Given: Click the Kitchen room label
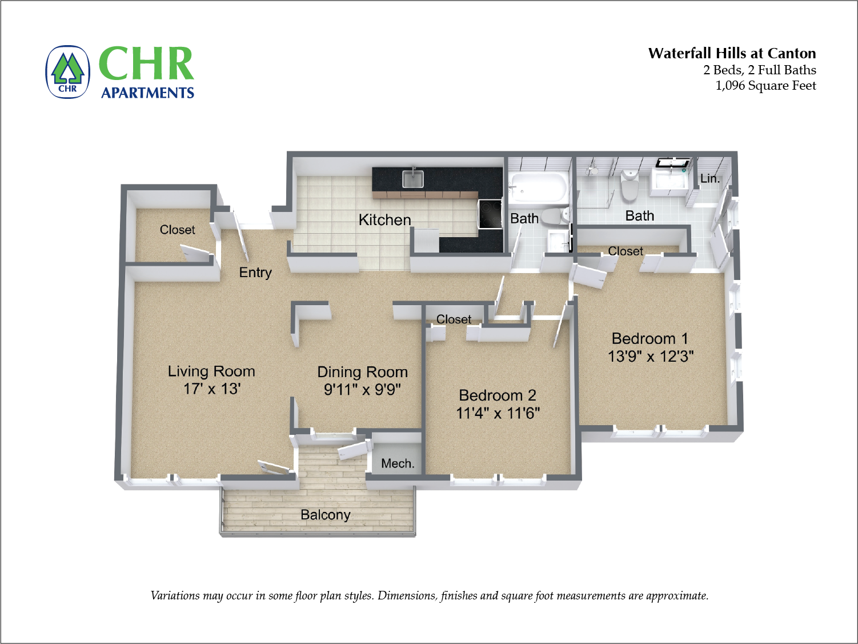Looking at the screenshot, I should pos(384,220).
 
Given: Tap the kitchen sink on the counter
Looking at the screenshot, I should pos(412,179).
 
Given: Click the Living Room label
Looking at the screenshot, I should pos(211,371).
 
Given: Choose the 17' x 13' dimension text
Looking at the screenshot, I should pos(211,389).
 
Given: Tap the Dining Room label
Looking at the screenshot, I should pos(362,372).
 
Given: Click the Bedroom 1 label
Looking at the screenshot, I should pos(649,339).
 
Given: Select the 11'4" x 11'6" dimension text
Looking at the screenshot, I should pos(498,413).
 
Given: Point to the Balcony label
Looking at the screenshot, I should pos(325,515).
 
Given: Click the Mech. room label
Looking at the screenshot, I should pos(398,463).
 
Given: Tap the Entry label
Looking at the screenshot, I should pos(255,273).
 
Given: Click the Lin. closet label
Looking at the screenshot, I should pos(709,178).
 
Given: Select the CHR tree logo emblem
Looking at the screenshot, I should pos(67,72).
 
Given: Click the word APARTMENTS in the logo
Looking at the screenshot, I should pos(147,93).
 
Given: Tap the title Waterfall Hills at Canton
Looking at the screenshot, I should pos(732,54).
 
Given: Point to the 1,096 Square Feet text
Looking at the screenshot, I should pos(765,86).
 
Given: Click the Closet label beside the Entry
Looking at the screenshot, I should pos(177,230).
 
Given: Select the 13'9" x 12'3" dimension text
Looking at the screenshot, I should pos(651,357).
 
